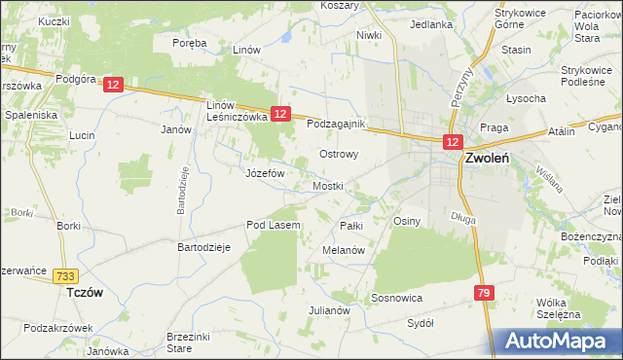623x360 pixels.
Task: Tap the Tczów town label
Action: coord(84,292)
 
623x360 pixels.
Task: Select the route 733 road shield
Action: coord(66,276)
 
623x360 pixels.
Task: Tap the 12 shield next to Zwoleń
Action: coord(453,142)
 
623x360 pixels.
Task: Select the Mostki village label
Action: coord(329,186)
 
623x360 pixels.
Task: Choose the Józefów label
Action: coord(264,172)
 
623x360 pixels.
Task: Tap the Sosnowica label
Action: coord(395,297)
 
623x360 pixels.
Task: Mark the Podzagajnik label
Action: coord(335,124)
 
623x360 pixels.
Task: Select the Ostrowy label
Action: coord(340,154)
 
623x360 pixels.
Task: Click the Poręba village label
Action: coord(189,43)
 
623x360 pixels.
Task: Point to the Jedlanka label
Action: coord(431,24)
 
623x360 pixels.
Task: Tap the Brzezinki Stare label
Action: coord(193,341)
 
